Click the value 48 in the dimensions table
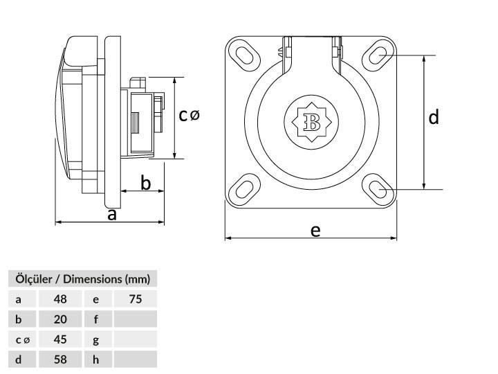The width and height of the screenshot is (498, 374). pos(60,299)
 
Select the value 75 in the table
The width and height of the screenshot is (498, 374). pos(136,299)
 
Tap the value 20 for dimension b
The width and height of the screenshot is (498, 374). pos(60,319)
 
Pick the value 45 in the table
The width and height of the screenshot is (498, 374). pos(60,339)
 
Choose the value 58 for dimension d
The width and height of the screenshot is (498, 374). pos(60,359)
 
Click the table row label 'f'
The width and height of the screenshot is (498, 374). pos(96,319)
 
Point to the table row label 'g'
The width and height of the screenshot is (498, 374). pos(96,341)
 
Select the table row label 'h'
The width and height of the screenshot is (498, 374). pos(96,359)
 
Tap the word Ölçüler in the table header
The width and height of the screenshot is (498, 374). pos(34,278)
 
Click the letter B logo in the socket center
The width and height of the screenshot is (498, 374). pos(311,122)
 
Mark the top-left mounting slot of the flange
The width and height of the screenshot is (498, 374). pos(244,55)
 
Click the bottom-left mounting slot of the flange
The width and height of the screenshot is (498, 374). pos(244,189)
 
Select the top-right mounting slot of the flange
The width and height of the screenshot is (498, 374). pos(378,55)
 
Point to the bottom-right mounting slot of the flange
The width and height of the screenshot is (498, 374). pos(378,189)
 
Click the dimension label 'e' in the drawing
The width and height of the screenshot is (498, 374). pos(315,231)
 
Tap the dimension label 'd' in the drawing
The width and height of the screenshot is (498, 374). pos(434,117)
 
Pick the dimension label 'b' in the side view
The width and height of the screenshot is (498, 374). pos(145,183)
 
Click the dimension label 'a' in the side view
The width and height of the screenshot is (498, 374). pos(112,215)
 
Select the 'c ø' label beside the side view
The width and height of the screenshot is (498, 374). pos(189,115)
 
